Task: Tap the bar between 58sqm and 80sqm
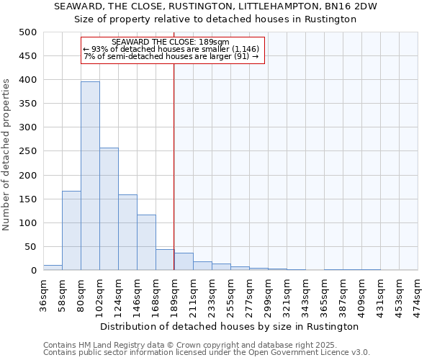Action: (x=71, y=230)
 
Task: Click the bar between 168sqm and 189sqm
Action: (x=165, y=259)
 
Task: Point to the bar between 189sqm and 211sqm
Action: (x=184, y=261)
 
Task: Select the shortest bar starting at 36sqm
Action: (x=53, y=267)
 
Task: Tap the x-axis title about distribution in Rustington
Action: (x=230, y=326)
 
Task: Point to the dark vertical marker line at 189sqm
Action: (x=174, y=166)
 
